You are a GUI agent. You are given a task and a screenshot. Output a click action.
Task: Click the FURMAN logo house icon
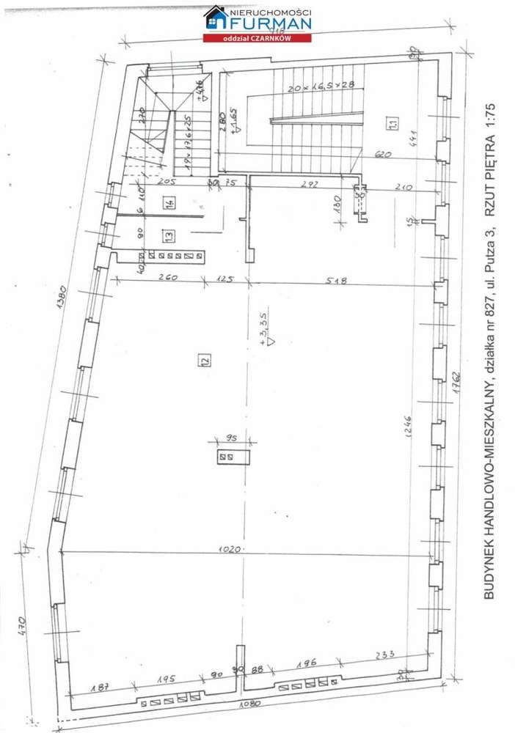(x=215, y=18)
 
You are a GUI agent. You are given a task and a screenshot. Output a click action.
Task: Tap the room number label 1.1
(x=393, y=125)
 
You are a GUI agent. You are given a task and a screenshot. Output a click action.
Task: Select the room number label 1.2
(x=203, y=359)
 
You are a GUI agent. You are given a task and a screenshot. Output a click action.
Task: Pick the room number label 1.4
(x=169, y=204)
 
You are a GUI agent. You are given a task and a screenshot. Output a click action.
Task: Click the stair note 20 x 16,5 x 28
(x=321, y=86)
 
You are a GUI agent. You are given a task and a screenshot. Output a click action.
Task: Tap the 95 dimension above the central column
(x=234, y=438)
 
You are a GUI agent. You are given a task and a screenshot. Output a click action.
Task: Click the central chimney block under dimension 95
(x=234, y=457)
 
